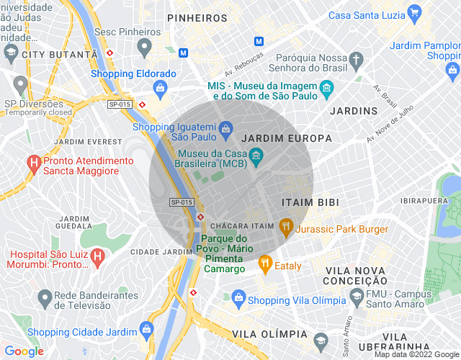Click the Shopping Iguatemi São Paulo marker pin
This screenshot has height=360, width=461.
click(x=225, y=128)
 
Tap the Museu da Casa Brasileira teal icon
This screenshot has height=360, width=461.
click(x=255, y=154)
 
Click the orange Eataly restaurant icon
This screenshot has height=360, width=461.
click(x=265, y=264)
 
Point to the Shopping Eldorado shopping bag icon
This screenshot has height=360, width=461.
click(x=160, y=88)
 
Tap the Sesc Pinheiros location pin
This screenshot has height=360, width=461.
click(x=144, y=48)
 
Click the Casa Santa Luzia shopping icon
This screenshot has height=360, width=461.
click(x=413, y=13)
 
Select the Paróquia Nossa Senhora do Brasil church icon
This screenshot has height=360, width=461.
click(x=357, y=58)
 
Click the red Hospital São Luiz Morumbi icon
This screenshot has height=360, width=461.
click(x=98, y=256)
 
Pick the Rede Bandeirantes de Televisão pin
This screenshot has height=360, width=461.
click(x=45, y=296)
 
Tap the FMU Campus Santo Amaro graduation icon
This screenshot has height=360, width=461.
click(x=357, y=296)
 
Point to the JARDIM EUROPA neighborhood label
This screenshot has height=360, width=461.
click(x=287, y=138)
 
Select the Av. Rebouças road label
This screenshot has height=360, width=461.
click(x=243, y=64)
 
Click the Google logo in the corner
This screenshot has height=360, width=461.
click(x=23, y=351)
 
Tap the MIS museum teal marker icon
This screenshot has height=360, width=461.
click(x=327, y=90)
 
